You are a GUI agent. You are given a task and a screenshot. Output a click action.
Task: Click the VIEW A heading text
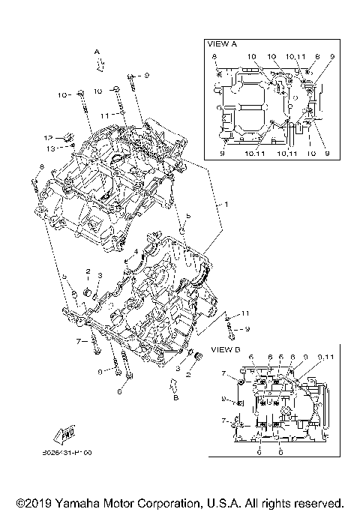(x=222, y=44)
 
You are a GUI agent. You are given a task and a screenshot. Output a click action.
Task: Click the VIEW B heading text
(x=225, y=349)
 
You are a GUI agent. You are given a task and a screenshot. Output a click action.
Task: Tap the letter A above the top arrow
(x=97, y=51)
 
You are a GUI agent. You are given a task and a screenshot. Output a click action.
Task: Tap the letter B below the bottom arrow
(x=175, y=397)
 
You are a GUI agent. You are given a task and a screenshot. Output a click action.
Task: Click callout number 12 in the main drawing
(x=47, y=138)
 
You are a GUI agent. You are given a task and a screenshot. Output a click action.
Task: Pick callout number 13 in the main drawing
(x=51, y=148)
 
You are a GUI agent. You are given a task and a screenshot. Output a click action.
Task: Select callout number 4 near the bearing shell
(x=136, y=251)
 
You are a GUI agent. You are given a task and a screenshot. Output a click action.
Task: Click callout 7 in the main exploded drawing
(x=78, y=341)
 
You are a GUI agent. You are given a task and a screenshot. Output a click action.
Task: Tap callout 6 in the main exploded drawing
(x=118, y=391)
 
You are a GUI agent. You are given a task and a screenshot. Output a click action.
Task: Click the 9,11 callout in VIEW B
(x=325, y=357)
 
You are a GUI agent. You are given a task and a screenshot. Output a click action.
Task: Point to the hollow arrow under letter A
(x=98, y=64)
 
